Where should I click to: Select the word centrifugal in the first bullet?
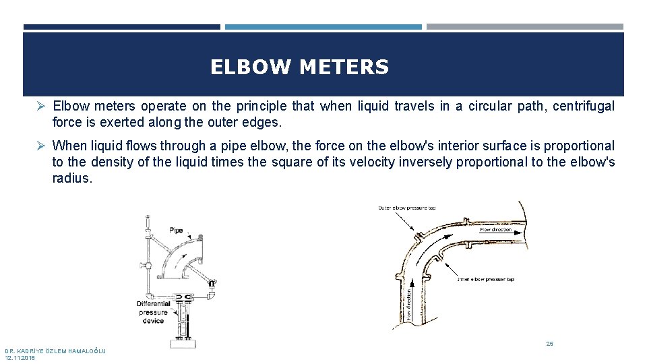(x=584, y=106)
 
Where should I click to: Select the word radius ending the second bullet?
(x=71, y=179)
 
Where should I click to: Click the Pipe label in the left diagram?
(x=176, y=230)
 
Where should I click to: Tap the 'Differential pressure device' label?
(x=154, y=312)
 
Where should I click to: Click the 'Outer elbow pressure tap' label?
(x=406, y=208)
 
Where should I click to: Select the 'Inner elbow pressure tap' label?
(x=485, y=278)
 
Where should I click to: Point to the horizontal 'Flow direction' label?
(x=496, y=230)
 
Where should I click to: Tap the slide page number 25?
(x=549, y=344)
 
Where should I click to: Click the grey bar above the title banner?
(x=524, y=27)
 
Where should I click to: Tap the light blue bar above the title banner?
(x=323, y=27)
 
